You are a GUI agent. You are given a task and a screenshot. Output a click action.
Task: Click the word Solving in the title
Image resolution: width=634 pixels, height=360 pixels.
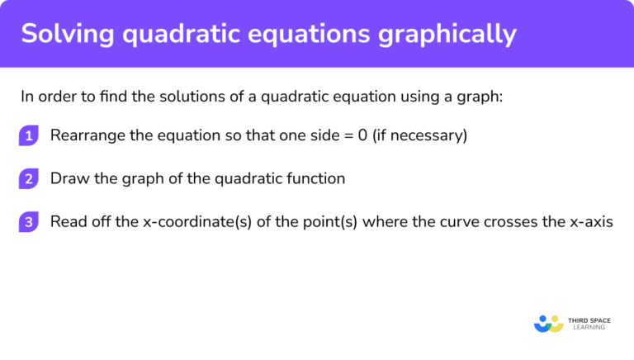pyautogui.click(x=62, y=34)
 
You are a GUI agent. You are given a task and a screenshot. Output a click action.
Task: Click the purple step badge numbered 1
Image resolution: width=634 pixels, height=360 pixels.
pyautogui.click(x=29, y=135)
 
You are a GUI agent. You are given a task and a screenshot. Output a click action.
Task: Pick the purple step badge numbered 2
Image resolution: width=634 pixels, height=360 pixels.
pyautogui.click(x=29, y=178)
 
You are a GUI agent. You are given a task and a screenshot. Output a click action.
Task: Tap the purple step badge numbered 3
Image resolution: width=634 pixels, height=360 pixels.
pyautogui.click(x=29, y=221)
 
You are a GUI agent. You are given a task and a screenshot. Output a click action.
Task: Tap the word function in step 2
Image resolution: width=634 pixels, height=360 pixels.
pyautogui.click(x=315, y=178)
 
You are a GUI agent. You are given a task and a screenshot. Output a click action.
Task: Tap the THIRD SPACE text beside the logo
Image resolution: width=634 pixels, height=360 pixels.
pyautogui.click(x=587, y=319)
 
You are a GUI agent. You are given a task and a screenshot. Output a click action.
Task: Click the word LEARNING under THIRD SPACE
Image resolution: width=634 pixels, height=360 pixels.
pyautogui.click(x=587, y=328)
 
